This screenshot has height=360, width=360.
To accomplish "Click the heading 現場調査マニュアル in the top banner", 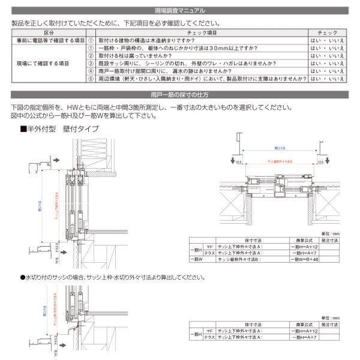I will pos(180,10).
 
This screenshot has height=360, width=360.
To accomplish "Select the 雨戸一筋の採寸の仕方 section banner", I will pos(180,95).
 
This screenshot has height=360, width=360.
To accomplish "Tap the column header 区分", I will pos(49,34).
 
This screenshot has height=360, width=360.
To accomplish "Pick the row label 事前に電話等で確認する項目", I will pos(49,40).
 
